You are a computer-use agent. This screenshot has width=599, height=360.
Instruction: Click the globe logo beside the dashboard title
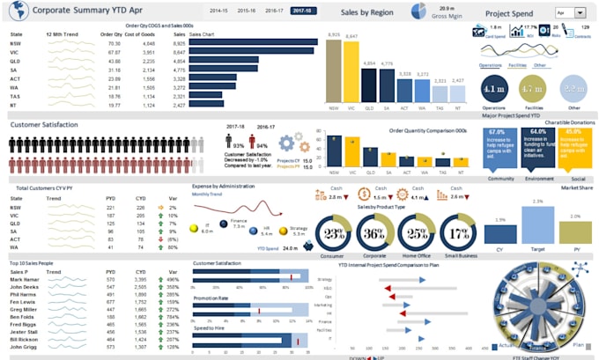(x=13, y=12)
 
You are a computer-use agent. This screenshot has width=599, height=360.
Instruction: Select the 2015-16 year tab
(x=247, y=11)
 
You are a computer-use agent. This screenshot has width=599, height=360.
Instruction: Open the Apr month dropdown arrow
(x=580, y=13)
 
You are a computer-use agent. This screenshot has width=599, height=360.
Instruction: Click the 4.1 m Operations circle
(x=496, y=89)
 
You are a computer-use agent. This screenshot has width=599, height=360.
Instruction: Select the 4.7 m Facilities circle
(x=533, y=89)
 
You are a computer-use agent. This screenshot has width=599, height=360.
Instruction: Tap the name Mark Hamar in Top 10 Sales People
(x=24, y=278)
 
